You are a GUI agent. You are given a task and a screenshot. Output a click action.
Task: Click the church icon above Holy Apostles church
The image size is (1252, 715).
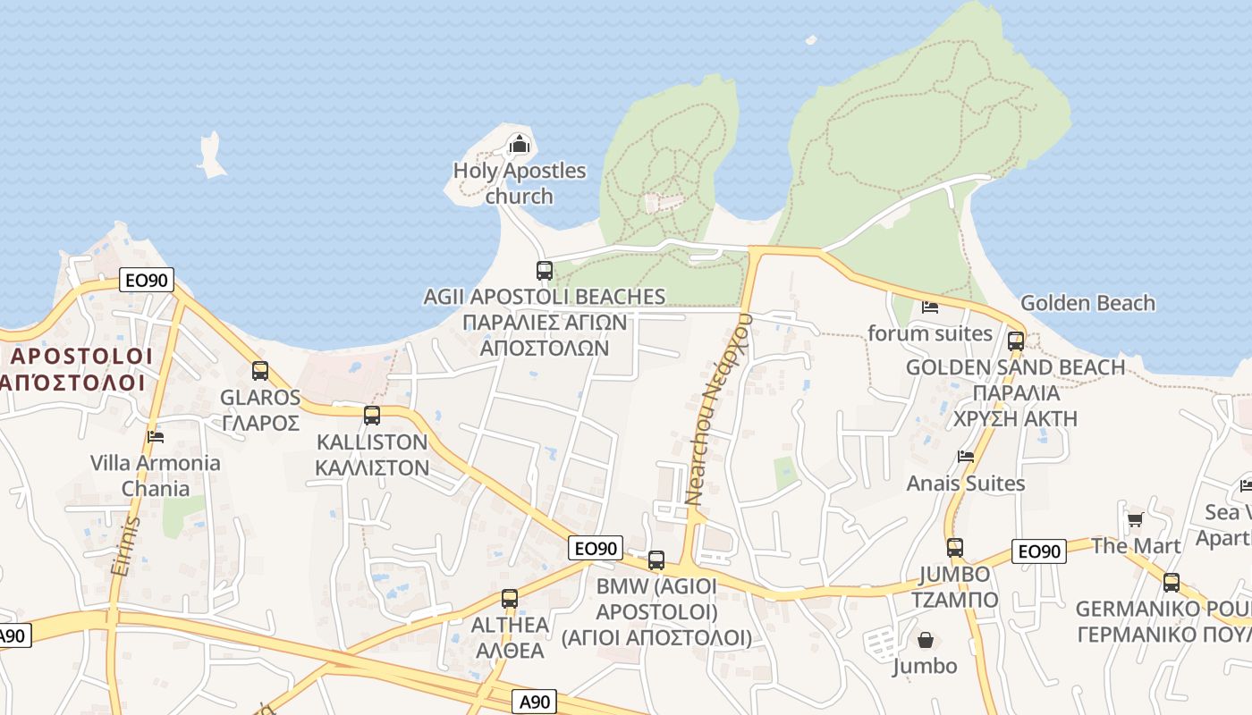pyautogui.click(x=519, y=143)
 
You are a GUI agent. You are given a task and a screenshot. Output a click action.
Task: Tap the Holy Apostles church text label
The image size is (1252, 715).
pyautogui.click(x=520, y=183)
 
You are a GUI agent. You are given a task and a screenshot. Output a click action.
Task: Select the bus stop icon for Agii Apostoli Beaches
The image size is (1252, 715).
pyautogui.click(x=544, y=270)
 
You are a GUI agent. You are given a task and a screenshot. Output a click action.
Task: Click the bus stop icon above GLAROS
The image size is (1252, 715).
pyautogui.click(x=260, y=370)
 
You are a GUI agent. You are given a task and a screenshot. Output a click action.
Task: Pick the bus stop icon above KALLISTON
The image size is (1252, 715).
pyautogui.click(x=372, y=416)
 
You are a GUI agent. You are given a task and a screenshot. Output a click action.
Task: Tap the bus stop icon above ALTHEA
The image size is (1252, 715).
pyautogui.click(x=510, y=599)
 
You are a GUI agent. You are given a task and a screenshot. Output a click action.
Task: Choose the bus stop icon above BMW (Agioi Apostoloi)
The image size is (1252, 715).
pyautogui.click(x=656, y=560)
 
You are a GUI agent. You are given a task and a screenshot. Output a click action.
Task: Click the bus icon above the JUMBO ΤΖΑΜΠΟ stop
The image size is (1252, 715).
pyautogui.click(x=955, y=548)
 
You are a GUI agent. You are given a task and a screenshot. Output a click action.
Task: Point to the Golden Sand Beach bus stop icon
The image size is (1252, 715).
pyautogui.click(x=1015, y=341)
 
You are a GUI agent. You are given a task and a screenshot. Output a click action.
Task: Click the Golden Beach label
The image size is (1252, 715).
pyautogui.click(x=1087, y=303)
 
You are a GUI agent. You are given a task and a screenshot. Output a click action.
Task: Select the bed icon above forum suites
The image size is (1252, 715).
pyautogui.click(x=930, y=307)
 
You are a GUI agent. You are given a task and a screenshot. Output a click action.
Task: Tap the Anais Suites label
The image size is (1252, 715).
pyautogui.click(x=966, y=484)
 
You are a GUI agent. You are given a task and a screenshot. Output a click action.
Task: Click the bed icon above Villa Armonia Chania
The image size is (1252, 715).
pyautogui.click(x=156, y=437)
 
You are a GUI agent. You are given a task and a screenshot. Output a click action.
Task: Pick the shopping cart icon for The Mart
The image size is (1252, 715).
pyautogui.click(x=1135, y=519)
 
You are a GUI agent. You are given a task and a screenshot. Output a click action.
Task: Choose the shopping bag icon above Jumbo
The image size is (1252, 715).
pyautogui.click(x=925, y=640)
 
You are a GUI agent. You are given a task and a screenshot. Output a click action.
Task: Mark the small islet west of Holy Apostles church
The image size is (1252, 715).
pyautogui.click(x=212, y=156)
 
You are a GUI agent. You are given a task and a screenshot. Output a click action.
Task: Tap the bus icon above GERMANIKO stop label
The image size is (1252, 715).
pyautogui.click(x=1172, y=583)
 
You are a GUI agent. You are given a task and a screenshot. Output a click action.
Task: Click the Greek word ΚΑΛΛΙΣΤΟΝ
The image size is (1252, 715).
pyautogui.click(x=372, y=467)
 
